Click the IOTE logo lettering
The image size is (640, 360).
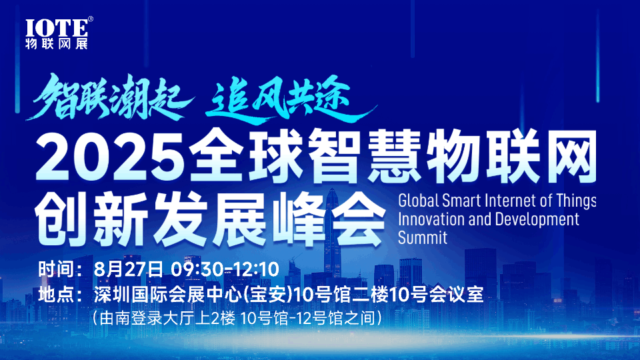click(x=56, y=29)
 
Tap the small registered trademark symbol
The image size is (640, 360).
click(x=91, y=19)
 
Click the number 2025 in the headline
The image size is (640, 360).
click(x=109, y=157)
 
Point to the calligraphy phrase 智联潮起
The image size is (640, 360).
click(x=109, y=97)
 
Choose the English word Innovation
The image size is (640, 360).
click(x=431, y=219)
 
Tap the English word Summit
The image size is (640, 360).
click(x=423, y=237)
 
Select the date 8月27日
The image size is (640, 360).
click(x=128, y=269)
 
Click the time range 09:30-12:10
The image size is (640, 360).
click(x=225, y=269)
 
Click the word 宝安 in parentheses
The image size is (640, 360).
click(x=267, y=295)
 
